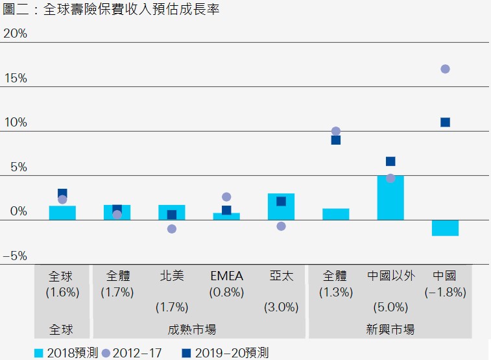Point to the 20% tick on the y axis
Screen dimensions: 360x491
point(15,33)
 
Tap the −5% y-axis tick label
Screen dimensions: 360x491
point(15,256)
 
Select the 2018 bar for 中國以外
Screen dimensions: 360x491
point(390,198)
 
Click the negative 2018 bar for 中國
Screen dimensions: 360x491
point(445,228)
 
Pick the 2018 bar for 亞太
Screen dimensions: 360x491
point(281,206)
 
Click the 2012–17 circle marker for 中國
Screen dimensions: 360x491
point(445,69)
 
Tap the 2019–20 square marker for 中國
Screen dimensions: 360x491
point(445,122)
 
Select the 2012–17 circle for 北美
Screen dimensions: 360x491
point(172,229)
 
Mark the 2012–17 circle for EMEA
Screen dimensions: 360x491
point(226,197)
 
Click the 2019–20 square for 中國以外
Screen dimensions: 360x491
point(390,161)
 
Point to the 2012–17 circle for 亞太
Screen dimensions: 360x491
point(281,226)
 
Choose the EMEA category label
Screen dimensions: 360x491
point(226,276)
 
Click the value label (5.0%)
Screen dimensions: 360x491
point(390,307)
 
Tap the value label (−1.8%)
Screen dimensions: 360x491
point(445,292)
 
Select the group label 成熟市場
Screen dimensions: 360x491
point(198,330)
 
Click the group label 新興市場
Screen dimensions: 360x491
point(390,330)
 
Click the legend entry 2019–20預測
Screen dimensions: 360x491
point(224,353)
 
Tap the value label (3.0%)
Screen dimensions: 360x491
point(281,307)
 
